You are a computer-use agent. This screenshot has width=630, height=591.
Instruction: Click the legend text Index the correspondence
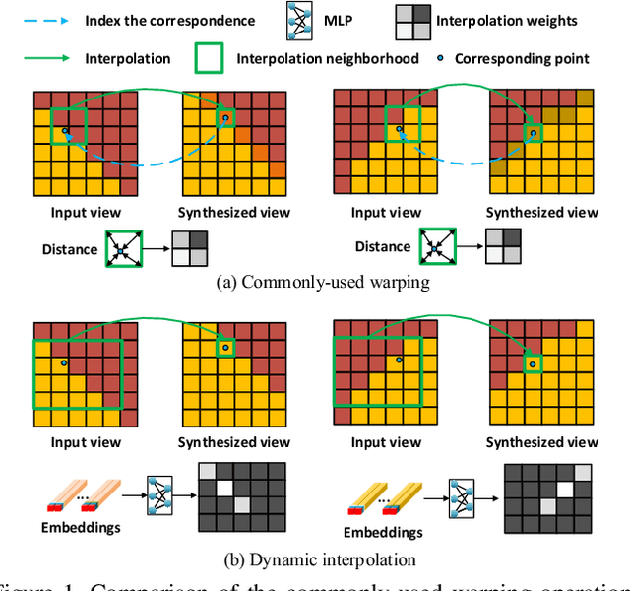point(169,21)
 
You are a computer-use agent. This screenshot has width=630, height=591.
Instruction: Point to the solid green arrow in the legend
point(47,58)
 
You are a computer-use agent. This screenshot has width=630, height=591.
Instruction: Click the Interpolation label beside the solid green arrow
point(130,58)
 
